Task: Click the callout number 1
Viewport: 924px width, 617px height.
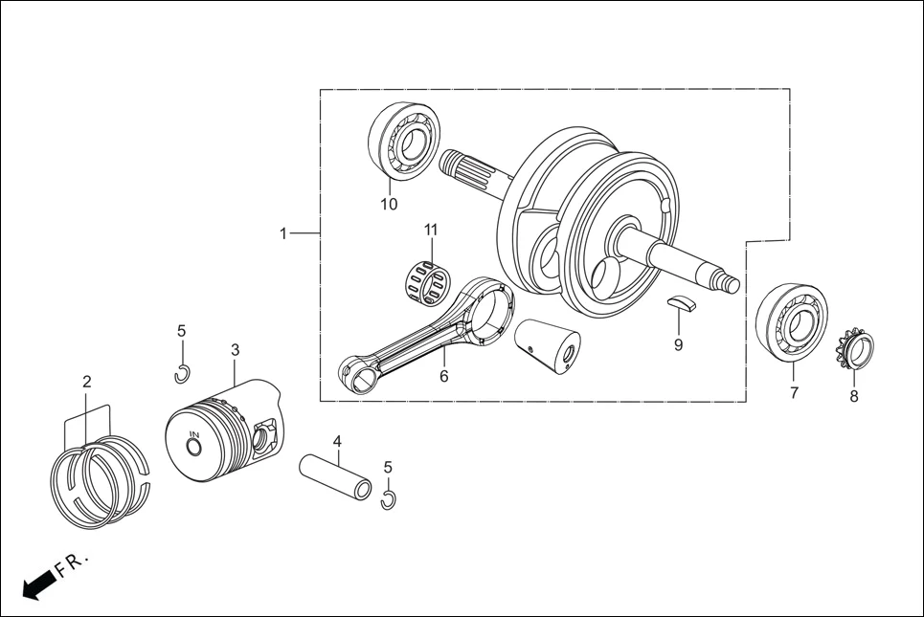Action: [283, 233]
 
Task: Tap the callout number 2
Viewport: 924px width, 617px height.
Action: [87, 382]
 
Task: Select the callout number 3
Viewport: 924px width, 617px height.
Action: [235, 350]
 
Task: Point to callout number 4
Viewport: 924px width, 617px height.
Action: [337, 441]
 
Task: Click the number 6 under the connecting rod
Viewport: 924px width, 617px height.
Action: [443, 377]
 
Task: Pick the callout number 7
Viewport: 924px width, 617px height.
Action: [794, 393]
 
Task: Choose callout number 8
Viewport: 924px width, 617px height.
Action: [854, 396]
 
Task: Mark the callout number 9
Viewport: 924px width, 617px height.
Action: [678, 345]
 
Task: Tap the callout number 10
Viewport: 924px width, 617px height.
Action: [389, 204]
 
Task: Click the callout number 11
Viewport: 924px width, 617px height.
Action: [431, 230]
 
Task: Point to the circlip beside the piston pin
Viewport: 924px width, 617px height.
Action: [388, 500]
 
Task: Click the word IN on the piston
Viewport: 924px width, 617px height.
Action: [193, 436]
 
